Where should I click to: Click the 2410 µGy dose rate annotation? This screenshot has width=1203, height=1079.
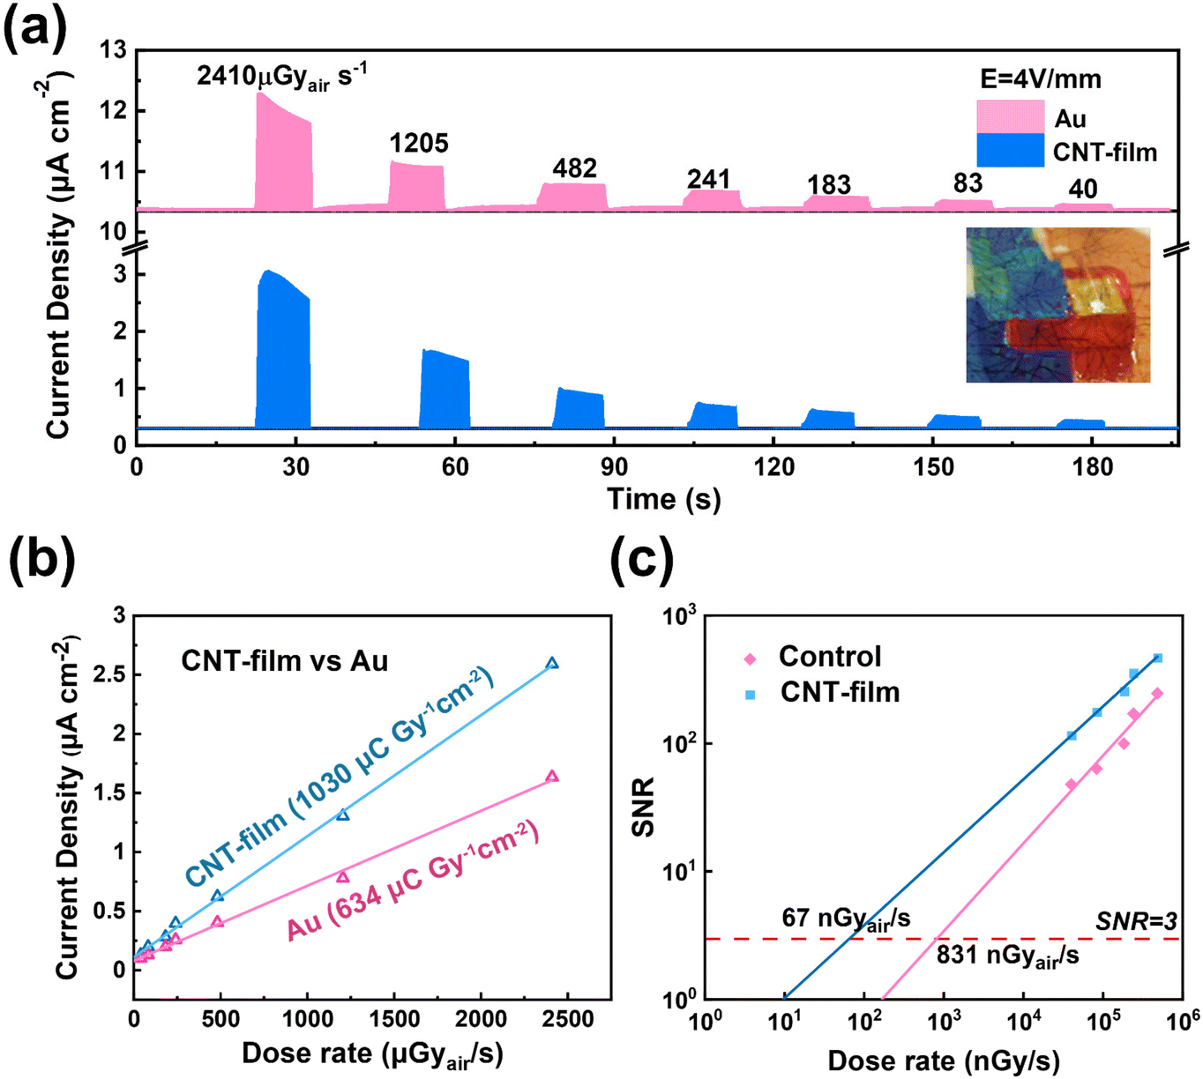pyautogui.click(x=282, y=77)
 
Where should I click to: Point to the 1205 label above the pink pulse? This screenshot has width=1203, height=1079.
pyautogui.click(x=419, y=144)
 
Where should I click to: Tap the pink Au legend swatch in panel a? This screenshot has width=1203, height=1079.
pyautogui.click(x=1010, y=116)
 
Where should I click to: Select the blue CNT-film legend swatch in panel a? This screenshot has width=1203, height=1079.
pyautogui.click(x=1010, y=150)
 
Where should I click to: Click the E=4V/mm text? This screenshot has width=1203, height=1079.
pyautogui.click(x=1041, y=79)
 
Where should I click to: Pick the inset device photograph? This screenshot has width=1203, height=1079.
pyautogui.click(x=1057, y=304)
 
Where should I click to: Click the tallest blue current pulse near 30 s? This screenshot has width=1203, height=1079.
pyautogui.click(x=283, y=349)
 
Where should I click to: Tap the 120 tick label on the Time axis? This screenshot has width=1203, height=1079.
pyautogui.click(x=773, y=468)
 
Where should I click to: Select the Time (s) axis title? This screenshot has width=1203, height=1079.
pyautogui.click(x=663, y=499)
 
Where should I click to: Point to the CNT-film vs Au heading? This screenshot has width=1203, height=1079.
pyautogui.click(x=284, y=661)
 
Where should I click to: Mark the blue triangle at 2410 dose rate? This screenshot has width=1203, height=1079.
pyautogui.click(x=552, y=664)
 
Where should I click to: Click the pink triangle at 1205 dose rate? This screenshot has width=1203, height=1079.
pyautogui.click(x=342, y=877)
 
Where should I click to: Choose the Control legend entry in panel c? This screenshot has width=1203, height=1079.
pyautogui.click(x=813, y=657)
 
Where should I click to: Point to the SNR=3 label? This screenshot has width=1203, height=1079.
pyautogui.click(x=1136, y=921)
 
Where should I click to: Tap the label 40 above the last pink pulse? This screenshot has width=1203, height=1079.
pyautogui.click(x=1082, y=190)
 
